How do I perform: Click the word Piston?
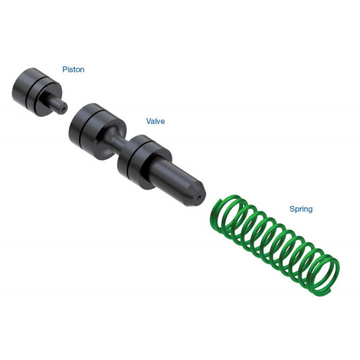73,70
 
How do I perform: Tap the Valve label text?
156,121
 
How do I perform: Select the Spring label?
301,210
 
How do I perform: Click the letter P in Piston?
65,69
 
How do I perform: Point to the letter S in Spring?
292,209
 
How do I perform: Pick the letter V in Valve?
149,121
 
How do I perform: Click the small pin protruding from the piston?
57,104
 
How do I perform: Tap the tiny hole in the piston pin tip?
63,109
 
